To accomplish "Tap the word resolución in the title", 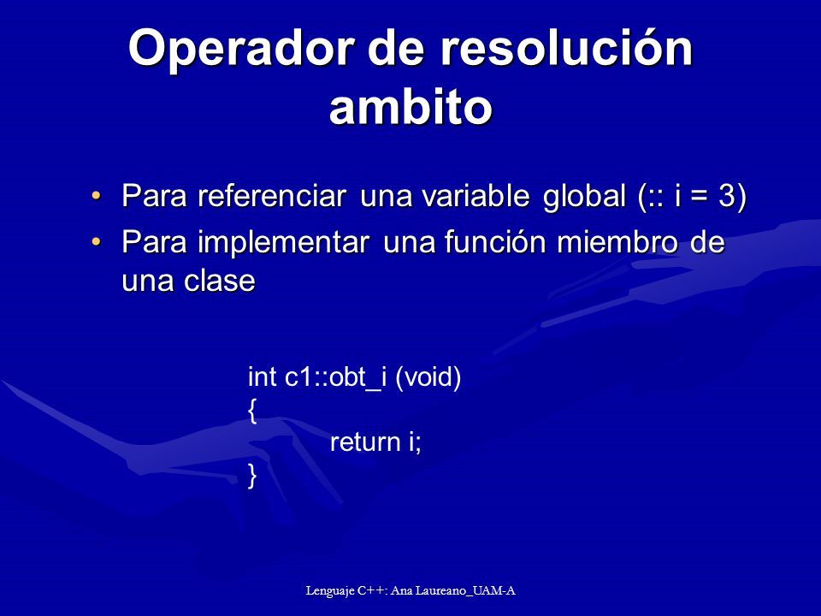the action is pos(566,47).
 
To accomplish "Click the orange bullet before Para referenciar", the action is pos(96,195).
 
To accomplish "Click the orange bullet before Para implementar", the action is pos(96,241).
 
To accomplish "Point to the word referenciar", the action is pos(272,195).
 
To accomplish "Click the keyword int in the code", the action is pos(262,376).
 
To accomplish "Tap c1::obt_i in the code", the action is pos(335,377).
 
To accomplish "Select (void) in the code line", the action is pos(428,377).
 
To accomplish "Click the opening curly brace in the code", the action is pos(252,411).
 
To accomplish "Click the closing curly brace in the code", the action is pos(252,477).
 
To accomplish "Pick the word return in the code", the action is pos(365,442).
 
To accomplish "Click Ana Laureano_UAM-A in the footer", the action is pos(453,591).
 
